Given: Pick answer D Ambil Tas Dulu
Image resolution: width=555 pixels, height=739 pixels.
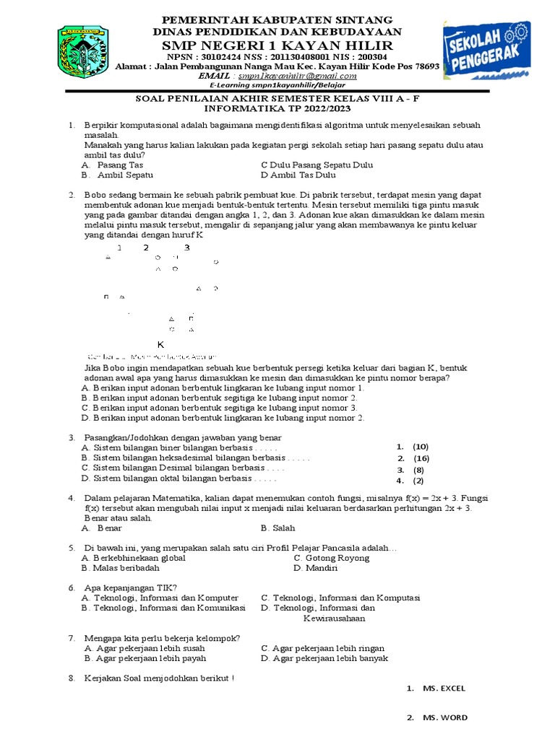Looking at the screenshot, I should [298, 175].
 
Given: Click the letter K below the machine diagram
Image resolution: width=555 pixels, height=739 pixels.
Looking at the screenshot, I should [161, 344].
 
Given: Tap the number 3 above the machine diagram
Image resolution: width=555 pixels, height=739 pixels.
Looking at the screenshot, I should [187, 248].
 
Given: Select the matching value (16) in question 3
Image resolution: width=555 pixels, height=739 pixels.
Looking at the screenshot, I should [421, 458].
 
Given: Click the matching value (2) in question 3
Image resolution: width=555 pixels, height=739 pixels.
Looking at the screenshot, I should [418, 481].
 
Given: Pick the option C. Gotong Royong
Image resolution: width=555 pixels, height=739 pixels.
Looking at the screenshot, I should [332, 558].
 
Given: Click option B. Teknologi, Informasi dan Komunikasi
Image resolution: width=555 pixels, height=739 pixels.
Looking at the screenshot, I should [164, 608].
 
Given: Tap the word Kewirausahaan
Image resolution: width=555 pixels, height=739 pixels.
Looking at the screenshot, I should [334, 618].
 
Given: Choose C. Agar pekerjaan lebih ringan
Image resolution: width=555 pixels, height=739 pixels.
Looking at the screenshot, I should [323, 648].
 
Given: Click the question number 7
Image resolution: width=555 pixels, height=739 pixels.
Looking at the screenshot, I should [72, 638].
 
